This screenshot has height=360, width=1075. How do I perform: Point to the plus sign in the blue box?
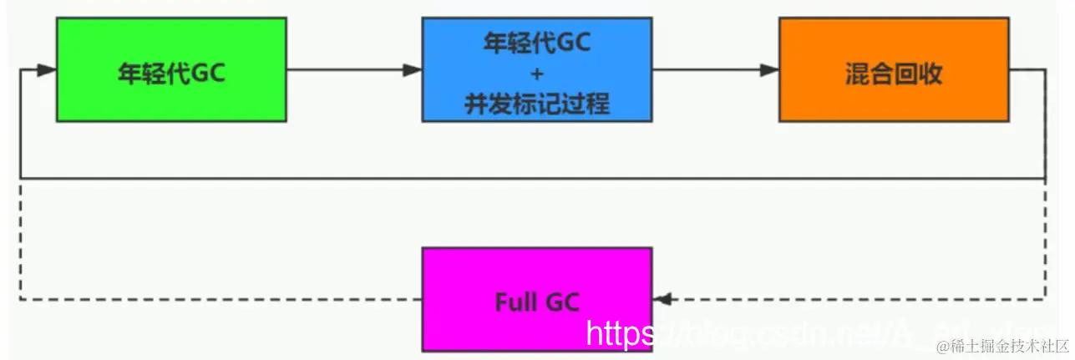[x=536, y=74]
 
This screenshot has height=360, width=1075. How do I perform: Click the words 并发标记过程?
[x=536, y=104]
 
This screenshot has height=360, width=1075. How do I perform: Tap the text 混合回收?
[x=894, y=74]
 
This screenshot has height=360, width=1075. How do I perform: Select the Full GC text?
[x=536, y=301]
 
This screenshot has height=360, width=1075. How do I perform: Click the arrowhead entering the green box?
[x=47, y=71]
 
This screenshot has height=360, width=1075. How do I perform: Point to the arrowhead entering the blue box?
[x=413, y=71]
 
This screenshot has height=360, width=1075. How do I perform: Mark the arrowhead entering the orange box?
[x=769, y=71]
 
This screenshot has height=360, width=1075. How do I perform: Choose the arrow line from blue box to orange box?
[x=710, y=71]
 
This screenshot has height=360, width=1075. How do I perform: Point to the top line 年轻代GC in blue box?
[x=536, y=43]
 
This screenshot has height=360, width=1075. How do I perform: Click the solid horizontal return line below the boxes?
[x=535, y=178]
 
